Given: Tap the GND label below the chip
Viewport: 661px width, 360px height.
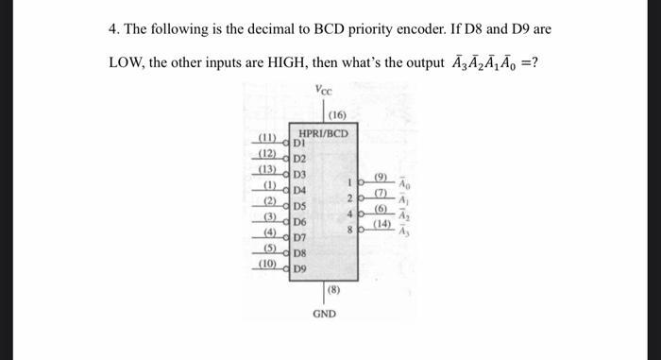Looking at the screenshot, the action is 323,313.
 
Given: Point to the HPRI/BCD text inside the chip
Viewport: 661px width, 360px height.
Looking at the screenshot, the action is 324,133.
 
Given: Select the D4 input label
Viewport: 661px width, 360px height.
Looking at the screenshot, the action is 301,190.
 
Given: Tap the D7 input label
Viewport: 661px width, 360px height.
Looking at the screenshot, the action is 301,236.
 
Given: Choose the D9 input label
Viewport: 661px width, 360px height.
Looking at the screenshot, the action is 301,268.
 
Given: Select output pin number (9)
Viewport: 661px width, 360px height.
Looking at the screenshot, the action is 381,177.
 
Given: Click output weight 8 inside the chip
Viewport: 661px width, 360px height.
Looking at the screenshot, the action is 349,230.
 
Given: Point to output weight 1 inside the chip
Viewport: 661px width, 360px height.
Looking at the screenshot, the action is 349,182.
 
